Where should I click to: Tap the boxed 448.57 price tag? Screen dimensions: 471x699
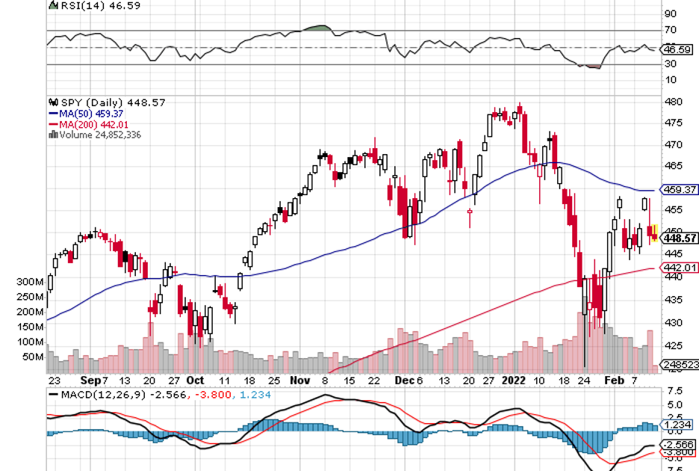(x=680, y=238)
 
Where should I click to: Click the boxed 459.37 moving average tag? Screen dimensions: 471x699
(x=680, y=190)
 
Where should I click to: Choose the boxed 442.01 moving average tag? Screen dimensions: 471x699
(x=680, y=268)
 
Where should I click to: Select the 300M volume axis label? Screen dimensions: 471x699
(x=29, y=283)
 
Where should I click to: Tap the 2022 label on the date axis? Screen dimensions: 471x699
(x=512, y=380)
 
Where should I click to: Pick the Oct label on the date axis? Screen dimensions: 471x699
(x=195, y=380)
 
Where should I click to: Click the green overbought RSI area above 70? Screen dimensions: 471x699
(x=318, y=28)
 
